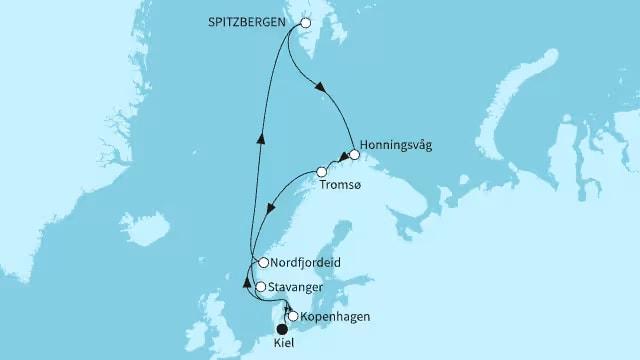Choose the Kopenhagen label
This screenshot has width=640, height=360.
(x=335, y=317)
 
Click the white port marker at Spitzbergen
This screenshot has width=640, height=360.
(x=306, y=23)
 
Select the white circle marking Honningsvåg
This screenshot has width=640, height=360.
(x=354, y=155)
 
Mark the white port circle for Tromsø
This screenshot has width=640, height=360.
(x=322, y=172)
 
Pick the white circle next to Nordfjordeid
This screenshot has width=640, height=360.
(x=262, y=263)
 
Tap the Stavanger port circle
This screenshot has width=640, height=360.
(x=261, y=287)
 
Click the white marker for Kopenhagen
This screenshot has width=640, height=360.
(x=292, y=317)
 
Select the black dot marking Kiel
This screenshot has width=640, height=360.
(x=282, y=329)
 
